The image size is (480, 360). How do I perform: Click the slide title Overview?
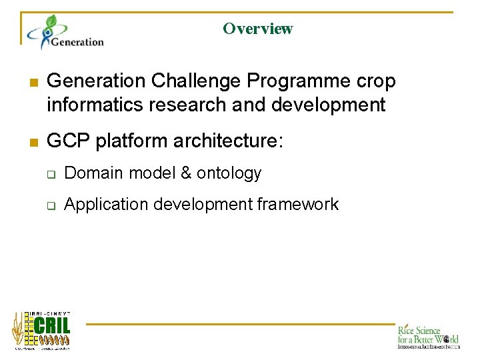[x=257, y=29]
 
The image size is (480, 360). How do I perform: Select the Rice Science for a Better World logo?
[x=428, y=336]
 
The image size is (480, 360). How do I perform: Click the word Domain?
[x=94, y=173]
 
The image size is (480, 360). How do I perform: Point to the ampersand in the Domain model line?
[x=186, y=173]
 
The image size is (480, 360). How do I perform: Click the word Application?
[x=107, y=205]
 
